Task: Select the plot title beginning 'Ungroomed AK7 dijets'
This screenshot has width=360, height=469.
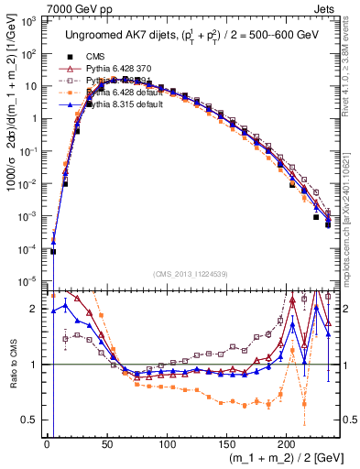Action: point(191,36)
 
